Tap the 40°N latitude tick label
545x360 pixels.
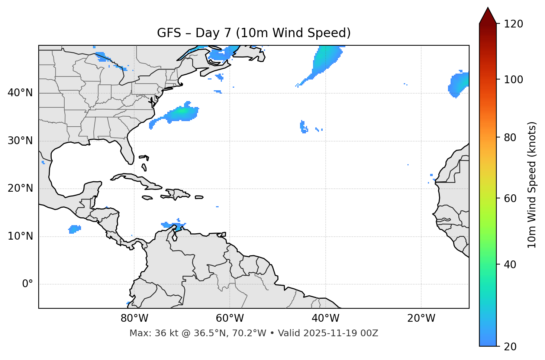point(20,93)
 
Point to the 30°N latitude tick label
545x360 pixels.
point(20,141)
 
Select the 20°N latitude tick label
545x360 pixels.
point(20,188)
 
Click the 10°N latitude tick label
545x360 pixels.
point(20,236)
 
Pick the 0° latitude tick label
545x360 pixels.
point(28,284)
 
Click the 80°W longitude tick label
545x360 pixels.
point(134,318)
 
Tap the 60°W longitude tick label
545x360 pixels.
point(230,318)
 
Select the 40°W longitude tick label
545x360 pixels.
point(326,318)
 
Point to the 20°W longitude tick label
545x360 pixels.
point(421,318)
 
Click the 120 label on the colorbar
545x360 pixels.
point(513,24)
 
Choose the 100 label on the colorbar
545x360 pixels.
point(513,80)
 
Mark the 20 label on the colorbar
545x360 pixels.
point(510,347)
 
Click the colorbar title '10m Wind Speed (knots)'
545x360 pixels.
point(532,185)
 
